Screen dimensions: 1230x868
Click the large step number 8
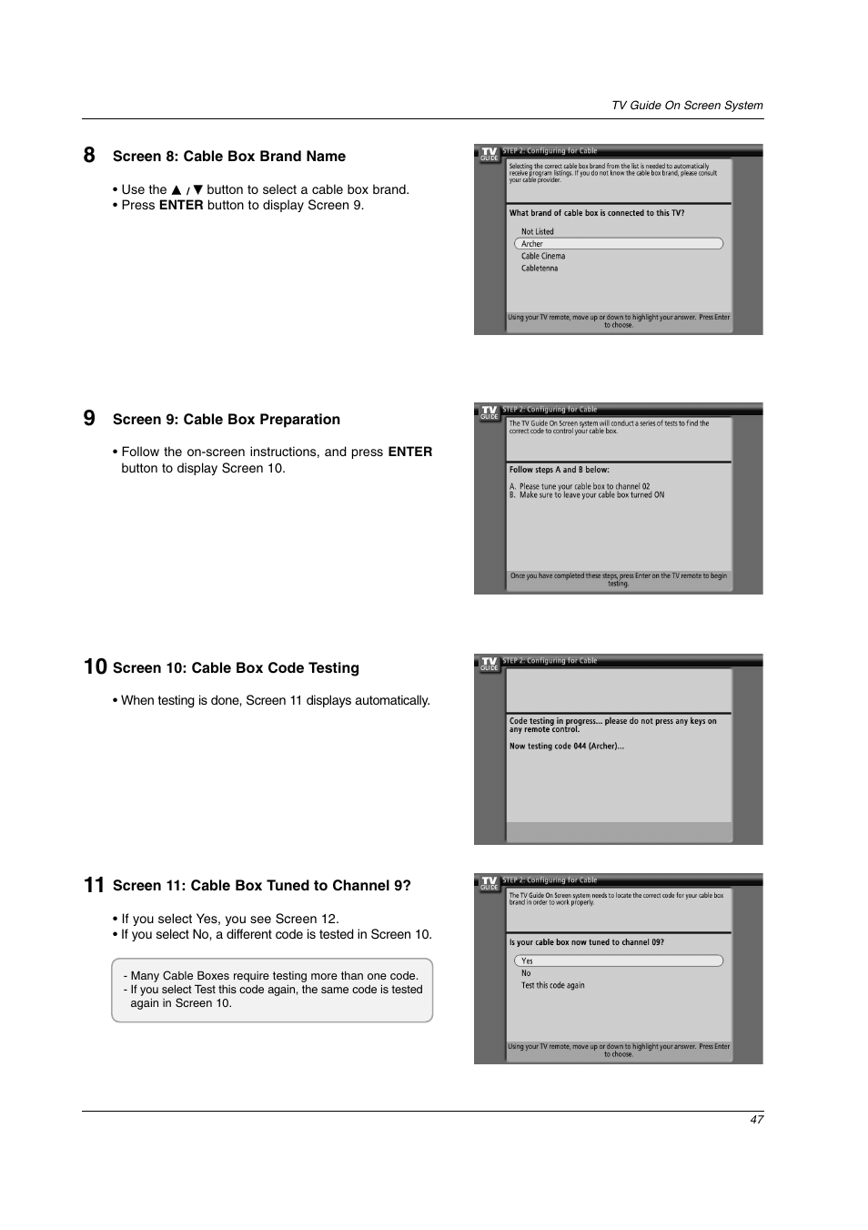89,155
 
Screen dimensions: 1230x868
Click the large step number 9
89,418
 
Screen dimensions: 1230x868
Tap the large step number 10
95,666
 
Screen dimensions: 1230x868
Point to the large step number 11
94,885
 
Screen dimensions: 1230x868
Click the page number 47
757,1119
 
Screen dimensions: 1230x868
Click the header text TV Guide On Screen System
687,106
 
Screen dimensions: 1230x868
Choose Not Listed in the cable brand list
538,232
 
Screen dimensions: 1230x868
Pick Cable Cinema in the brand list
543,257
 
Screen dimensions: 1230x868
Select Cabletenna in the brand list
540,269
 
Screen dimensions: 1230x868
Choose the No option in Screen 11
526,973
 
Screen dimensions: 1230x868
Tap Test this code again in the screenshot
553,985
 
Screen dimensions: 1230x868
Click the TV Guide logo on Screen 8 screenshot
490,154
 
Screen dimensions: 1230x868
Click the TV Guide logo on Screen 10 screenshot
490,664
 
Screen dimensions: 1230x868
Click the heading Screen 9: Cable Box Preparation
227,420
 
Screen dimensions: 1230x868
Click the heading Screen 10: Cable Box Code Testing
236,668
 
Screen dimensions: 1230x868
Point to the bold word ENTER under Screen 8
181,206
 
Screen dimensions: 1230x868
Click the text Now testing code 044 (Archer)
567,747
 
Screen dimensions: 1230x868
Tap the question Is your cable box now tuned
587,943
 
